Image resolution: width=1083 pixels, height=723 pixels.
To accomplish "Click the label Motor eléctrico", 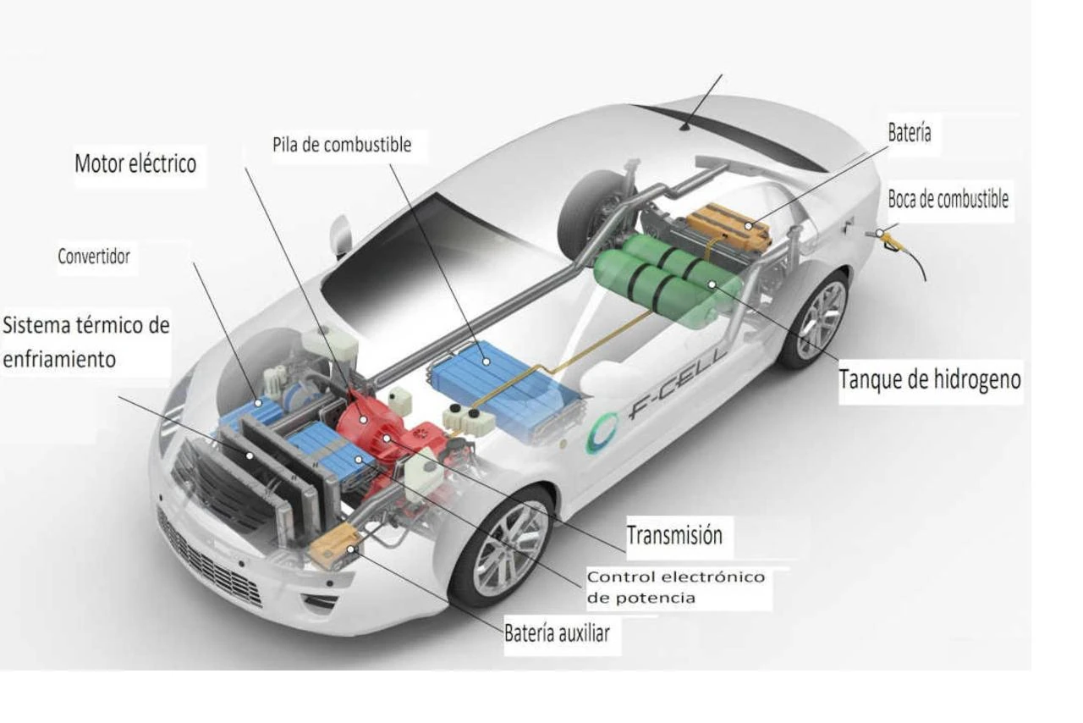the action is click(x=135, y=163).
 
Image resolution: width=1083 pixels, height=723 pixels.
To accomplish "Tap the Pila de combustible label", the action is click(x=342, y=145).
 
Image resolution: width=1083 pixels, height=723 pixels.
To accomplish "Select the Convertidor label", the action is click(x=94, y=257).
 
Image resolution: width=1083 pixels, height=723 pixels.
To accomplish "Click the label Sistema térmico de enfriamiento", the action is click(x=86, y=342).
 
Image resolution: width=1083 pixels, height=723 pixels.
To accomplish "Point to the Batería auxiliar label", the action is click(x=556, y=633).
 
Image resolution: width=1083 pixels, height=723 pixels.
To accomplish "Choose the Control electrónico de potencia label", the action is click(x=675, y=587).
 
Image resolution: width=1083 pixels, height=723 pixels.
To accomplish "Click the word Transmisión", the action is click(x=674, y=536).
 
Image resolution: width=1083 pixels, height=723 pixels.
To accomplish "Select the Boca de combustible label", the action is click(x=948, y=200).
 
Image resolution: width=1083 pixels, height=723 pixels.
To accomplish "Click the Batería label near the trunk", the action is click(x=910, y=133).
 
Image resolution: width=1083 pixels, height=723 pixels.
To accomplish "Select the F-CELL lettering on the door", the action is click(x=677, y=389).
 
